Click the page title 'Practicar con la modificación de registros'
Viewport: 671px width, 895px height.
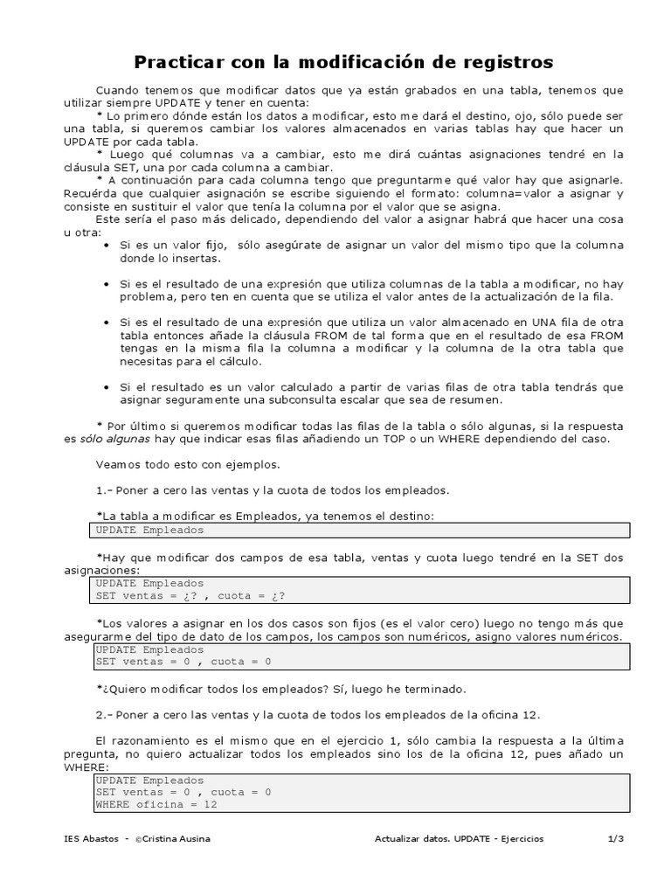[x=342, y=62]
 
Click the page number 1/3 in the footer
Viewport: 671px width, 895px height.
[x=615, y=838]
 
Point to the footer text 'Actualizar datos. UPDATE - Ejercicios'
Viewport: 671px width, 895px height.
[x=459, y=838]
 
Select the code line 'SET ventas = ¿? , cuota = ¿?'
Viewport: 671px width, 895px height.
[x=190, y=595]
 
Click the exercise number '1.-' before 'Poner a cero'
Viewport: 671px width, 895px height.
[x=103, y=490]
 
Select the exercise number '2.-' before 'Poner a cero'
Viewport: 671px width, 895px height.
[x=103, y=715]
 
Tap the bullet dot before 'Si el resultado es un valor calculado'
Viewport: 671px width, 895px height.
[x=106, y=387]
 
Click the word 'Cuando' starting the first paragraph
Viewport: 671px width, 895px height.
[x=117, y=90]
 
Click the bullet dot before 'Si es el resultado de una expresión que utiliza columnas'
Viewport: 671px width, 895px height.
[x=106, y=284]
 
